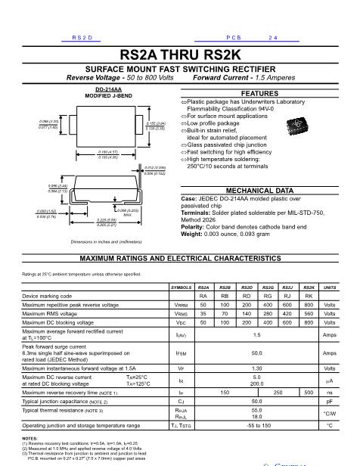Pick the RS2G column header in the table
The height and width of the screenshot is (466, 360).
coord(267,288)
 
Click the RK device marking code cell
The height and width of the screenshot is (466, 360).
coord(309,297)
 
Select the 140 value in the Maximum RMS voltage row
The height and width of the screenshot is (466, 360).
coord(246,312)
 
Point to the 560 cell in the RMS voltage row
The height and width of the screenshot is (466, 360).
coord(309,312)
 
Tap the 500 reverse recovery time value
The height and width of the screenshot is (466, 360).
coord(309,393)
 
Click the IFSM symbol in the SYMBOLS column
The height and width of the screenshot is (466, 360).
coord(182,353)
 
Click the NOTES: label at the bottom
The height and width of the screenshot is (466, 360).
coord(29,438)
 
